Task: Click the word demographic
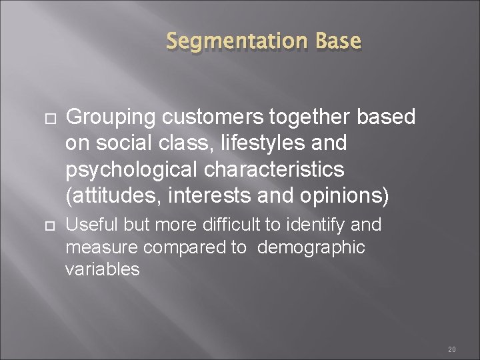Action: [311, 247]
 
